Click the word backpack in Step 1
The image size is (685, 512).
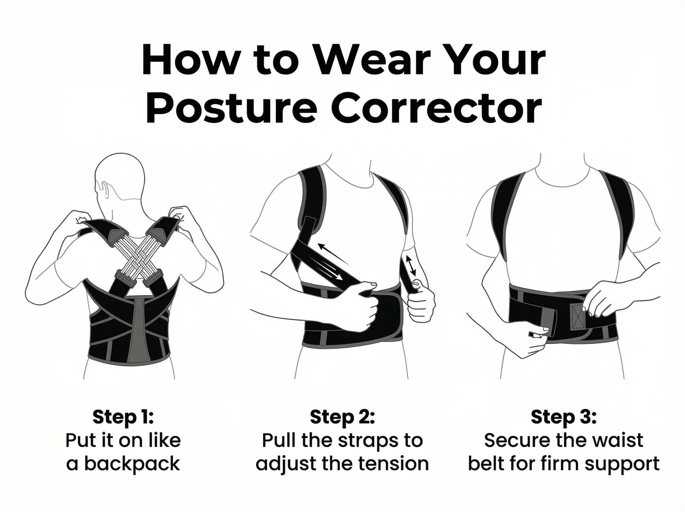tap(132, 463)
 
